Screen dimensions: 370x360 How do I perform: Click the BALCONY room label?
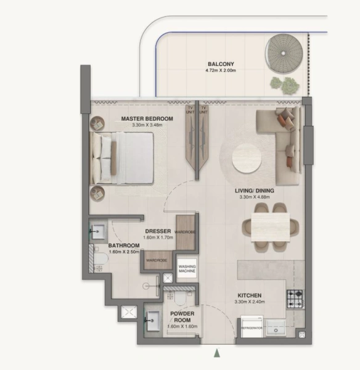coord(219,64)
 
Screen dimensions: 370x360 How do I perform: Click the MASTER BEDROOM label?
coord(146,118)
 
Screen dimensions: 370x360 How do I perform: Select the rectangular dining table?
coord(270,228)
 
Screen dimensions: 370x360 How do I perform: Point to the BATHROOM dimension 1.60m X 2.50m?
coord(125,252)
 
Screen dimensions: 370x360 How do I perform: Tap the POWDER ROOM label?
coord(182,316)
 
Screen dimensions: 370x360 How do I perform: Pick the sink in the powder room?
coord(154,319)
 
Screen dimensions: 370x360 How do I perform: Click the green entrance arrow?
coord(216,353)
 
